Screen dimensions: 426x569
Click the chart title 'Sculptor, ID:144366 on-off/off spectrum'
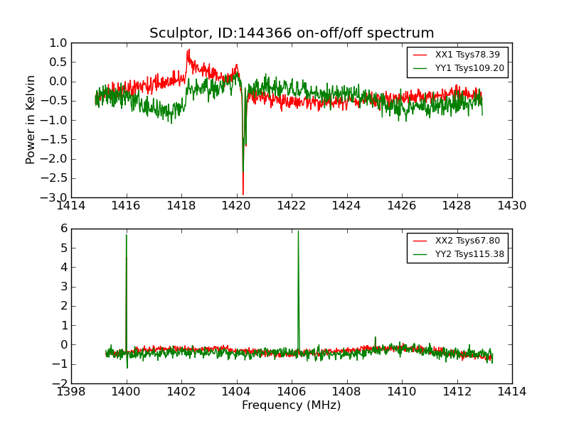click(x=292, y=33)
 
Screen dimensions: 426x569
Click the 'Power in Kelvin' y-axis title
click(x=31, y=119)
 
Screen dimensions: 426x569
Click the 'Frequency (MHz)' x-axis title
click(x=292, y=405)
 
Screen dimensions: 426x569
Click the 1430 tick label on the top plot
click(x=511, y=206)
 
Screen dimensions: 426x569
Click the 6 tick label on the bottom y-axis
click(x=63, y=229)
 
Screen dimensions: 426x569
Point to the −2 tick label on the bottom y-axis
click(x=60, y=383)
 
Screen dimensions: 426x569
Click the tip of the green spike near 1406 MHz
click(x=298, y=231)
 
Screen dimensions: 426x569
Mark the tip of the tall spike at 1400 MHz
click(x=127, y=234)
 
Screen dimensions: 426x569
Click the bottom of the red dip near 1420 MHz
click(x=243, y=195)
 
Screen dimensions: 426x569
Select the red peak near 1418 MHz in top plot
click(x=188, y=50)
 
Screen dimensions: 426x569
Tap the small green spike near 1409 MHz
click(x=375, y=337)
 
